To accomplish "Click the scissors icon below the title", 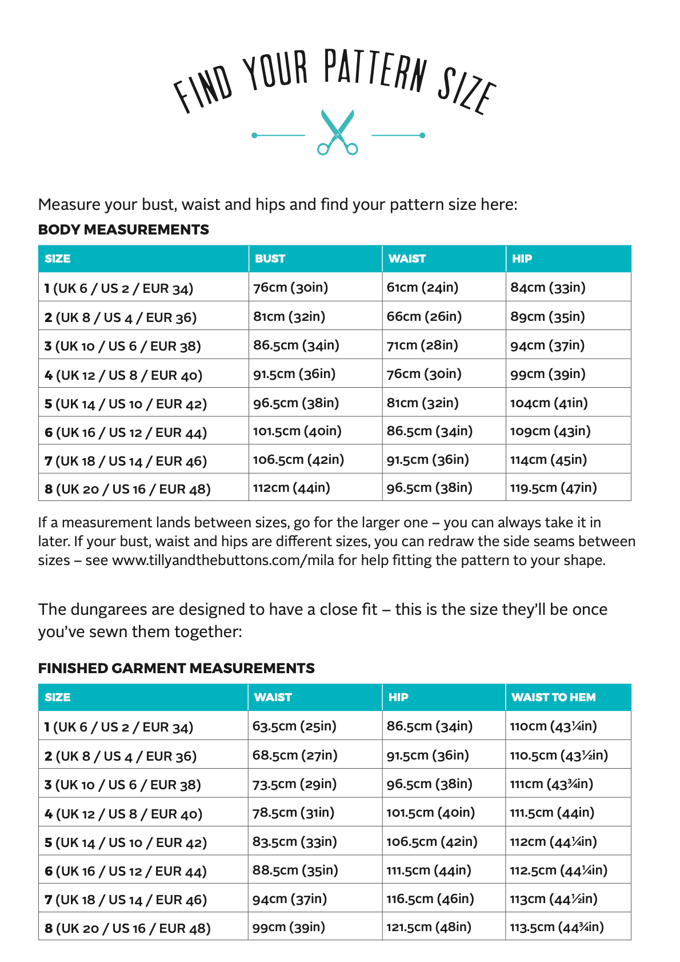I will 338,132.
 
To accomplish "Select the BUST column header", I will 270,259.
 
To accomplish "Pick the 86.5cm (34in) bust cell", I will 296,345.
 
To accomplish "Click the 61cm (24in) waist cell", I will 422,287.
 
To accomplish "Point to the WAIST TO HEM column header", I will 553,697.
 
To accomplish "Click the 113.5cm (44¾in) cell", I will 557,927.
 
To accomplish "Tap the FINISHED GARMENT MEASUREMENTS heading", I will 176,668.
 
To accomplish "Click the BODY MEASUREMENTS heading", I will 123,229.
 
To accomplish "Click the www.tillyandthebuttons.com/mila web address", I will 223,560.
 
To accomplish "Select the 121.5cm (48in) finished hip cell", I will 429,927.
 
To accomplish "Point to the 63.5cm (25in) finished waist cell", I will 294,726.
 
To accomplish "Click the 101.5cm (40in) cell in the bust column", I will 297,431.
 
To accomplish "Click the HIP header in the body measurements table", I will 522,259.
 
